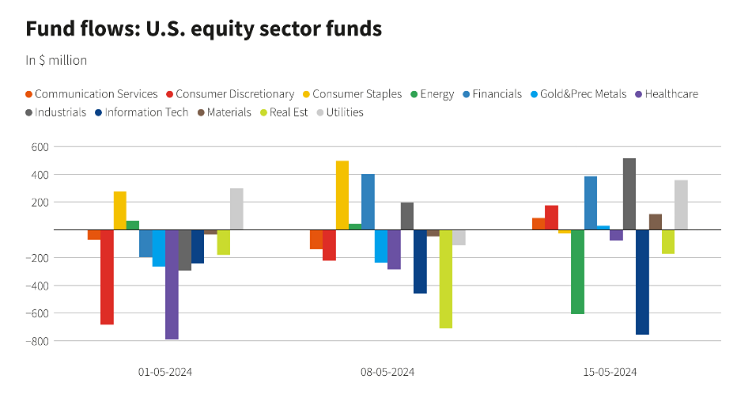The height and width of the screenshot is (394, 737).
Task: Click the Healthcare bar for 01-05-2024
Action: click(x=172, y=284)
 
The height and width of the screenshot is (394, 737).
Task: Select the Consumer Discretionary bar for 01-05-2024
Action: click(x=107, y=277)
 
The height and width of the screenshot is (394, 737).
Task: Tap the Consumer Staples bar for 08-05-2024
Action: click(x=342, y=195)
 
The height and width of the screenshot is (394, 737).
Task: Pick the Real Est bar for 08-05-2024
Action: click(x=446, y=278)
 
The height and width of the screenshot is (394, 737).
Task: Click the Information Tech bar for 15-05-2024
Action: click(x=642, y=282)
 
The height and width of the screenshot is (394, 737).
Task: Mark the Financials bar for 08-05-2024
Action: click(x=368, y=202)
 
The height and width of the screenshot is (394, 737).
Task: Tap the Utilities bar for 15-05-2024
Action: click(x=681, y=205)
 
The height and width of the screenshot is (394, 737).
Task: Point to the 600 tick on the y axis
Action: click(x=40, y=146)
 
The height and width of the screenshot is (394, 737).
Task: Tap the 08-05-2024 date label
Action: click(x=387, y=372)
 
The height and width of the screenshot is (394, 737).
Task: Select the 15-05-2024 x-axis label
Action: click(x=609, y=372)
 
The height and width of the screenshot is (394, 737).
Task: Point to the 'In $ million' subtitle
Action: click(x=56, y=60)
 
